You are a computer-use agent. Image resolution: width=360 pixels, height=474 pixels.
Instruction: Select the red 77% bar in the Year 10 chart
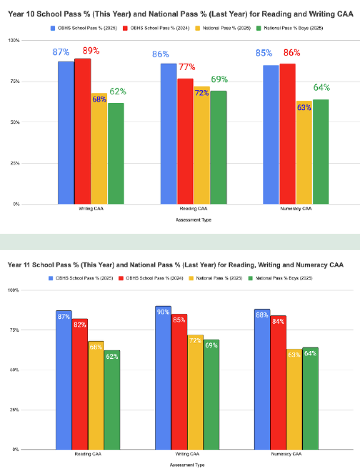pyautogui.click(x=185, y=141)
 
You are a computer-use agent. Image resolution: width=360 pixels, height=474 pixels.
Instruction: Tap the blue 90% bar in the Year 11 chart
pyautogui.click(x=163, y=378)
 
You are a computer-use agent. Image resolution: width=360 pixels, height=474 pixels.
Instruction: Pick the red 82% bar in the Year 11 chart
pyautogui.click(x=80, y=384)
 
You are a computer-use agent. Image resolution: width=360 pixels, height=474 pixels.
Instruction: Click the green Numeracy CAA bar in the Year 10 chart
pyautogui.click(x=321, y=152)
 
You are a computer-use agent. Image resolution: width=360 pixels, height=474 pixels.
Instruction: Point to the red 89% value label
pyautogui.click(x=90, y=51)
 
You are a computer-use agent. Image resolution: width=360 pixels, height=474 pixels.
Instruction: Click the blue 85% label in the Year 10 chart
pyautogui.click(x=264, y=53)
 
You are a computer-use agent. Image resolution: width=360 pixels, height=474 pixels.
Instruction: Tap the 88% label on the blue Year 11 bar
pyautogui.click(x=262, y=314)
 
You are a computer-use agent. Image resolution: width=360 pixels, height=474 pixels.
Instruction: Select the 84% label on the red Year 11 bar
pyautogui.click(x=278, y=322)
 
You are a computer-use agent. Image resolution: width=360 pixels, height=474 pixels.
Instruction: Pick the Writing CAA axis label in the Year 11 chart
pyautogui.click(x=187, y=454)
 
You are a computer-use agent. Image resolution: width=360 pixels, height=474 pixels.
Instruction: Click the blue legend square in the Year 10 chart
pyautogui.click(x=52, y=28)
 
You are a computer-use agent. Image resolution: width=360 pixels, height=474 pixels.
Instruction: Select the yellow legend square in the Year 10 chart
pyautogui.click(x=199, y=28)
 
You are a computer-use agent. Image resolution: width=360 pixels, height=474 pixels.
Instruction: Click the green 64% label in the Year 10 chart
pyautogui.click(x=322, y=88)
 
